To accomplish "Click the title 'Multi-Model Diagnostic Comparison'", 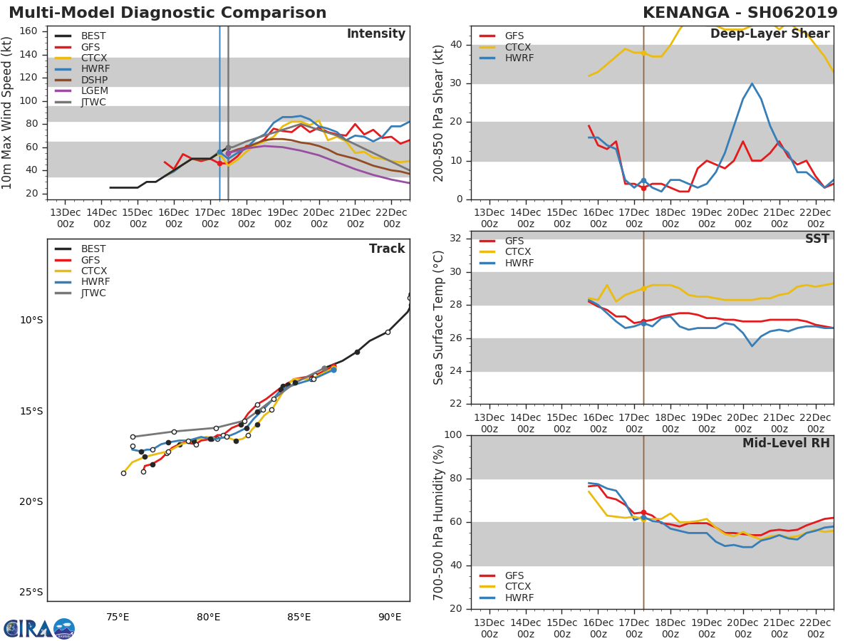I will point(167,13).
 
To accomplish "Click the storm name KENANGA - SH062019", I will point(740,13).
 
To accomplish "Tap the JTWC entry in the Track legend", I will point(93,293).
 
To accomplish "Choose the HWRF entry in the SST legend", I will point(519,263).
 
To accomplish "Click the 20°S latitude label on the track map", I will point(31,501).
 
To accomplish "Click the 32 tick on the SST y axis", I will point(456,239).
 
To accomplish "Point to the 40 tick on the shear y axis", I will point(456,45).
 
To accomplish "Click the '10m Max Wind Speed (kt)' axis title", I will point(8,113).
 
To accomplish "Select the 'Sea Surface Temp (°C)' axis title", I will point(439,318).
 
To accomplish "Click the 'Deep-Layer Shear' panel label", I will point(769,34).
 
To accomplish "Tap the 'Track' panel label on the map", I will point(387,249).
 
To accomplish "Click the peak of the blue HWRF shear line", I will point(752,83).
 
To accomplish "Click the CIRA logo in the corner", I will point(39,628).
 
